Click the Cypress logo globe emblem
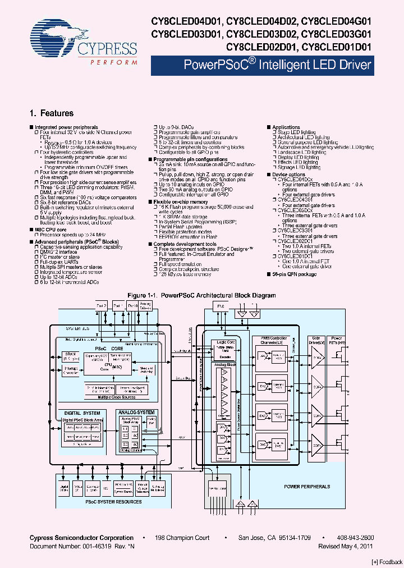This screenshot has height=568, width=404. point(53,38)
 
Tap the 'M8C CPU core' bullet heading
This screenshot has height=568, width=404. point(50,230)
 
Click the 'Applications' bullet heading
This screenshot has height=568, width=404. point(286,127)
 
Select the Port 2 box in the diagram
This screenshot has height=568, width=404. point(102,306)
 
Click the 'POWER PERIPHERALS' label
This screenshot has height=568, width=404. point(307,487)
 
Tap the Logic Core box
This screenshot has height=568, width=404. point(223,345)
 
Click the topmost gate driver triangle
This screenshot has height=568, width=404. point(318,358)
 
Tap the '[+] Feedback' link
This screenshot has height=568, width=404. point(387,562)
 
